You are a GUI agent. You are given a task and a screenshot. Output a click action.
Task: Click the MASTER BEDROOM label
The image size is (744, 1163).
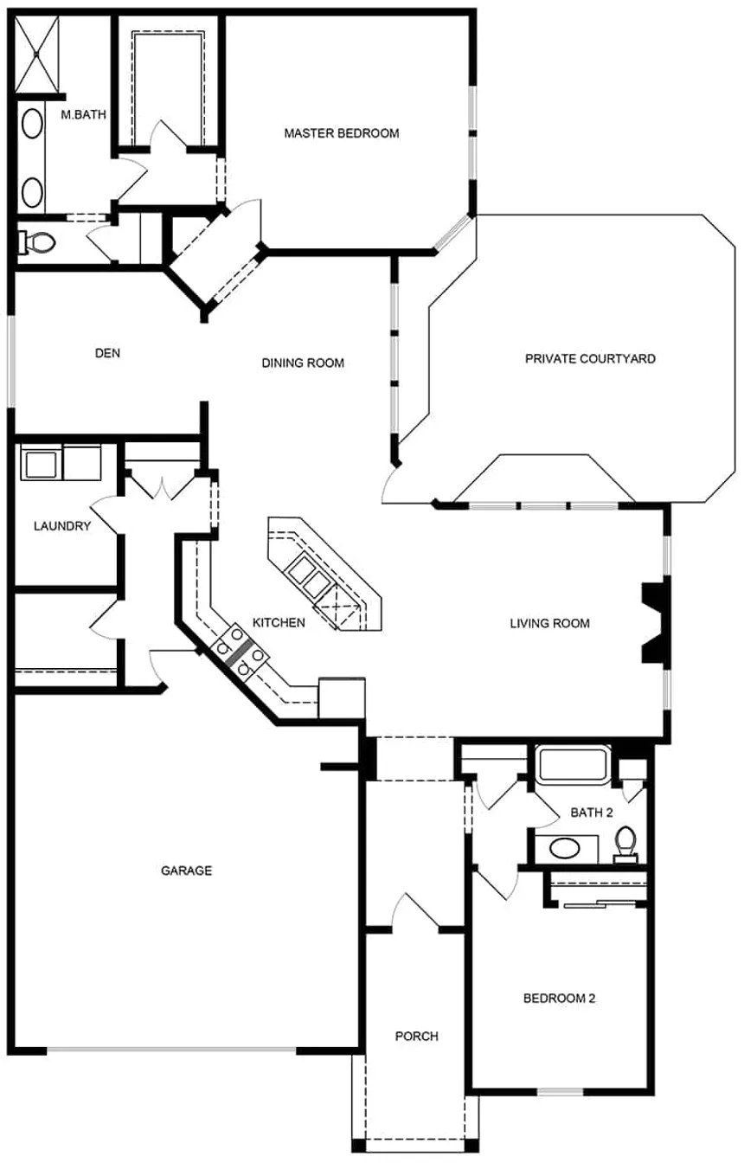pos(342,133)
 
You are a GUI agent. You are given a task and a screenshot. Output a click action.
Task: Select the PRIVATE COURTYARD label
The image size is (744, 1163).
pos(590,358)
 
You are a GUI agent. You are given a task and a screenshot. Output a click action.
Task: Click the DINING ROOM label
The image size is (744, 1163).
pos(303,363)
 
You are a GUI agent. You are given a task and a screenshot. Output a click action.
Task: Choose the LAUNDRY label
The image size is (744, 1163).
pos(62,525)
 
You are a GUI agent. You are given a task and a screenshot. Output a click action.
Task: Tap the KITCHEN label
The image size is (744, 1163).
pos(279,622)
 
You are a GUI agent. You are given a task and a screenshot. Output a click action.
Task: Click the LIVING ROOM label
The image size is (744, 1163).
pos(549,623)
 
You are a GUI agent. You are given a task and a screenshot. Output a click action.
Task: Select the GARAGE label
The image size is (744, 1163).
pos(186,871)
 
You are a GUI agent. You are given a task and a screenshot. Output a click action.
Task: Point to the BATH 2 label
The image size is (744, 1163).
pos(592,813)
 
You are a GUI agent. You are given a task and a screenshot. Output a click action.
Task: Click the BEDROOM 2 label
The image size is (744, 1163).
pos(560,998)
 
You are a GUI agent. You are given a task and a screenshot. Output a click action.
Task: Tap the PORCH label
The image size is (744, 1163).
pos(416,1036)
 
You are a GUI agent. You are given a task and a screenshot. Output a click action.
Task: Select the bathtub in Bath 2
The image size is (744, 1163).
pos(573,766)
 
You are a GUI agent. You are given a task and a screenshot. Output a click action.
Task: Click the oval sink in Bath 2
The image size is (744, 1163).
pos(567,847)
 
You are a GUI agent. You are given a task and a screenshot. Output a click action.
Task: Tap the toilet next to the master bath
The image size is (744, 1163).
pos(36,242)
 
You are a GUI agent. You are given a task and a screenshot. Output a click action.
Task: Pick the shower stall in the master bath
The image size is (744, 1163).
pos(38,53)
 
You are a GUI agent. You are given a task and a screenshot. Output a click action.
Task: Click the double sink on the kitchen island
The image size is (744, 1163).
pos(308,574)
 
